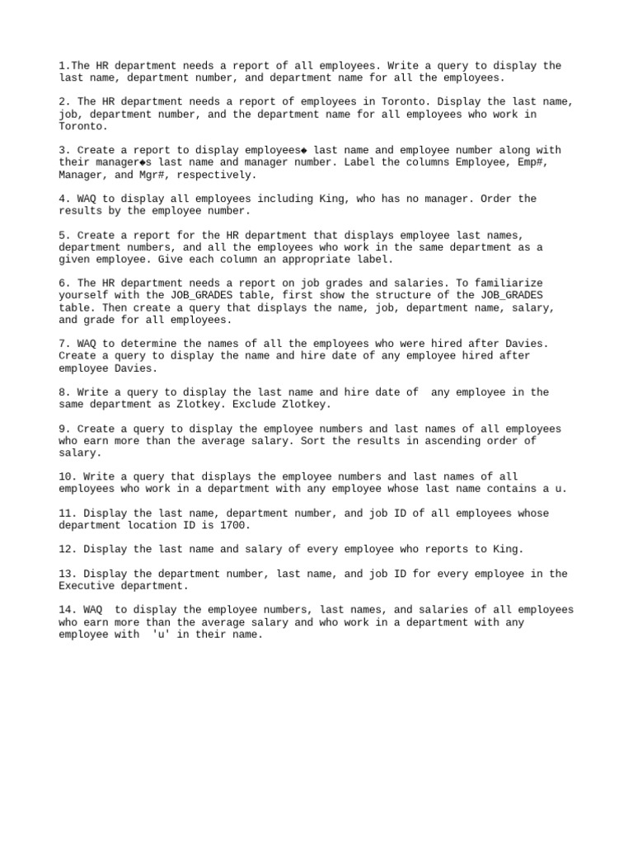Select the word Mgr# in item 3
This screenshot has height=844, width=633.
click(x=149, y=175)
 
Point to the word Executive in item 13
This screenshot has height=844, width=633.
click(x=87, y=586)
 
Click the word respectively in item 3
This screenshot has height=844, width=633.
click(x=217, y=175)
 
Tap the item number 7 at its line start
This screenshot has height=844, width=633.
click(x=62, y=344)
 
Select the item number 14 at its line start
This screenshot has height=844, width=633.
click(x=65, y=610)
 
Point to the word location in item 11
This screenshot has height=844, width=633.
click(x=152, y=525)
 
